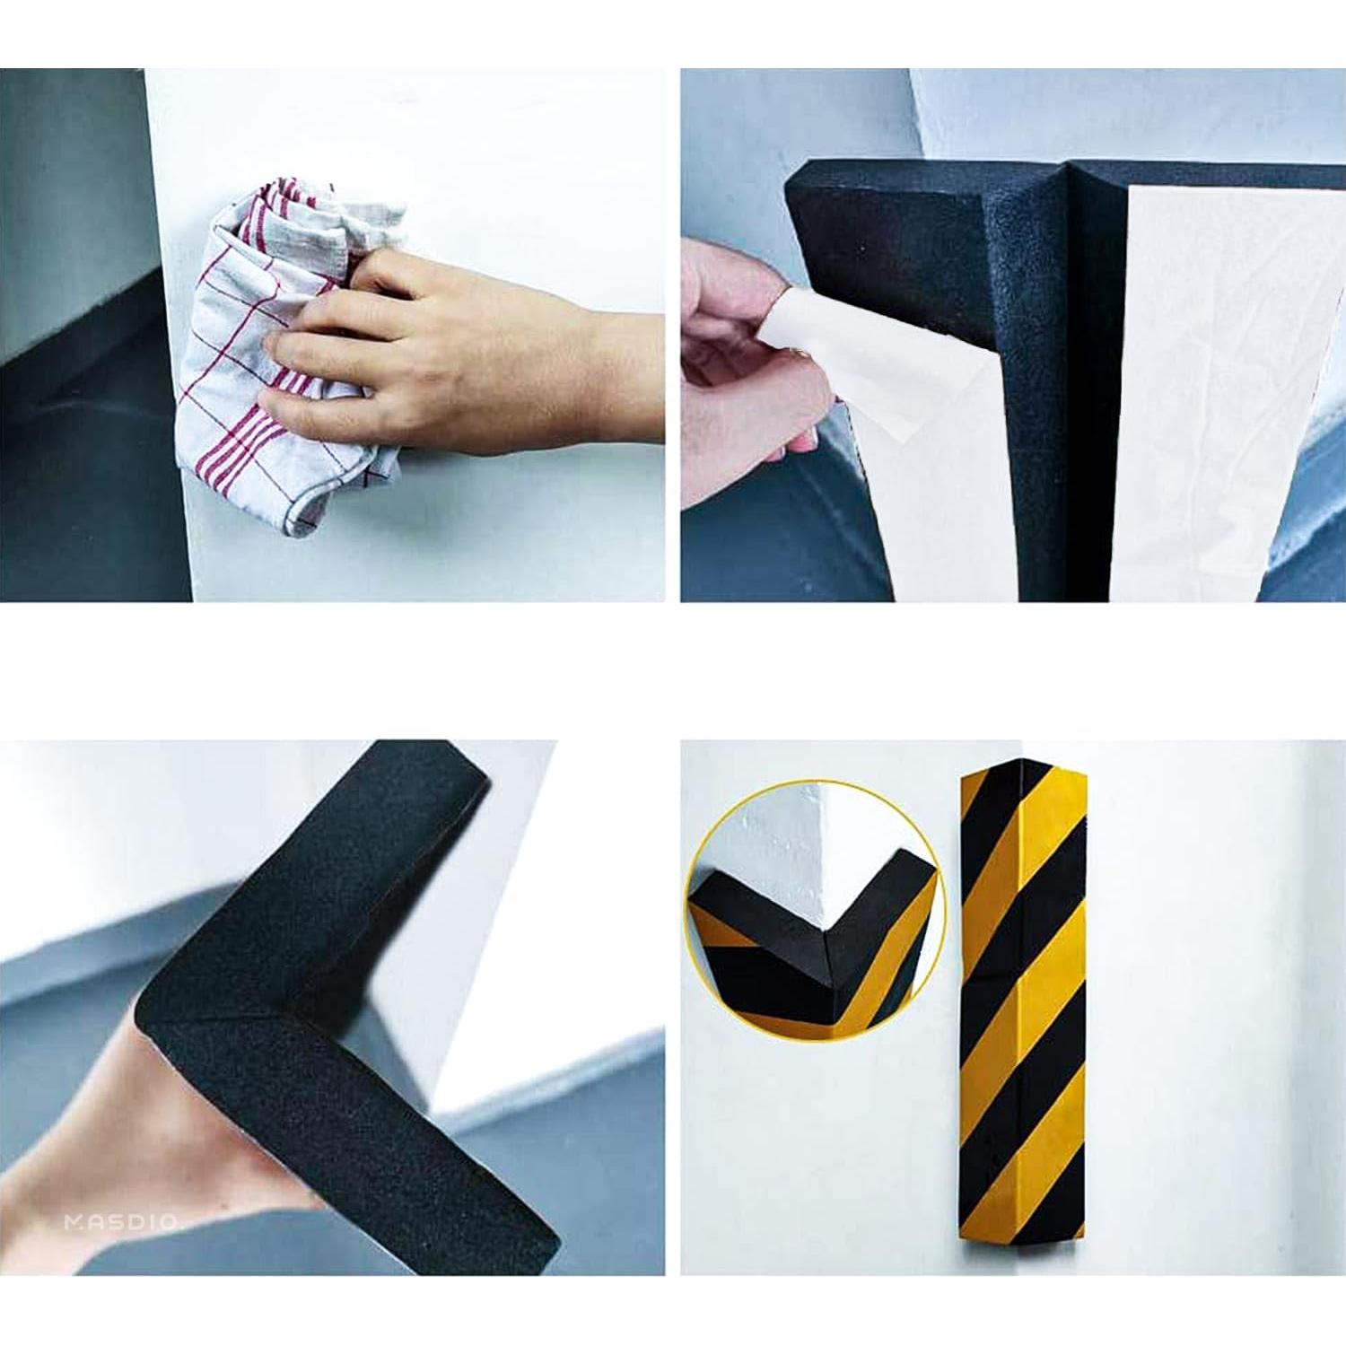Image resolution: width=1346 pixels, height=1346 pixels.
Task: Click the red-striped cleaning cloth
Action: click(x=242, y=422)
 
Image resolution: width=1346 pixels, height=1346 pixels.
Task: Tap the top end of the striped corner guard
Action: click(x=1023, y=772)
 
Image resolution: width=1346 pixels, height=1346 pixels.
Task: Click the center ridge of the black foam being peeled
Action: click(x=1072, y=359)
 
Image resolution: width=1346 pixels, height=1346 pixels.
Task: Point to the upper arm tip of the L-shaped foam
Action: click(x=431, y=763)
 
